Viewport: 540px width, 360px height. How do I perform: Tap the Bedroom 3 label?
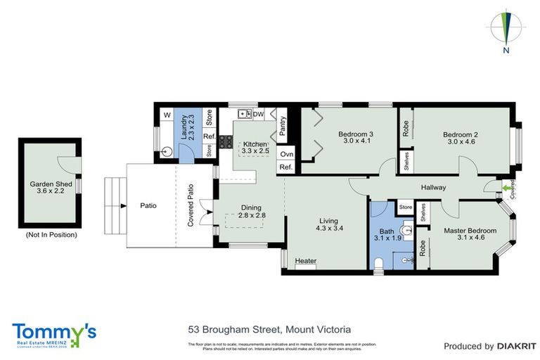tap(355, 134)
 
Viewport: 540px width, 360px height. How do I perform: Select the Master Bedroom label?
tap(470, 231)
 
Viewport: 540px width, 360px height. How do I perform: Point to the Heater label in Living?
tap(305, 261)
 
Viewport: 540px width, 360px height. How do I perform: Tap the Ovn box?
tap(285, 154)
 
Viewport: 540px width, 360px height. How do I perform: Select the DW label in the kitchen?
tap(258, 114)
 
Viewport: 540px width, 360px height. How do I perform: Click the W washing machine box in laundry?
tap(167, 115)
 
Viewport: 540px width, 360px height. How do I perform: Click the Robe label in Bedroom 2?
tap(406, 127)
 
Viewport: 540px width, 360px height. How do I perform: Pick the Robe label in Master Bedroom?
tap(422, 247)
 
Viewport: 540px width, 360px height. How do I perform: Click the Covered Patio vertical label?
tap(190, 205)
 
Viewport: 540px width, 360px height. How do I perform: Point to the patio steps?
tap(112, 206)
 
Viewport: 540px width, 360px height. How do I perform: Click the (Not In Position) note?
tap(51, 234)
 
